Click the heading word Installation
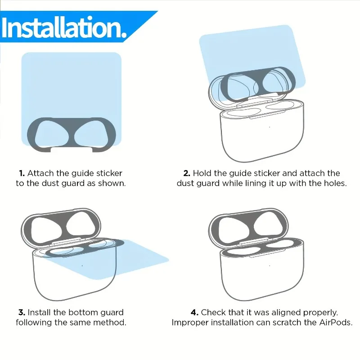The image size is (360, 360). pyautogui.click(x=64, y=27)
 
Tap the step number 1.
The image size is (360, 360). pyautogui.click(x=22, y=173)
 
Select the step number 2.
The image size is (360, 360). pyautogui.click(x=187, y=173)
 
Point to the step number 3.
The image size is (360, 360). pyautogui.click(x=22, y=312)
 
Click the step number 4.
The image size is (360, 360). pyautogui.click(x=194, y=312)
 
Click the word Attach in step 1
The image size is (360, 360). pyautogui.click(x=40, y=173)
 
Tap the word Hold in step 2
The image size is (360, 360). pyautogui.click(x=202, y=173)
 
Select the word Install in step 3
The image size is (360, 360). pyautogui.click(x=39, y=312)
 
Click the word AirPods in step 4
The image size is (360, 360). pyautogui.click(x=335, y=323)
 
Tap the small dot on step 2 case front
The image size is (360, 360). pyautogui.click(x=270, y=127)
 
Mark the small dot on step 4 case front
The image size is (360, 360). pyautogui.click(x=270, y=265)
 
